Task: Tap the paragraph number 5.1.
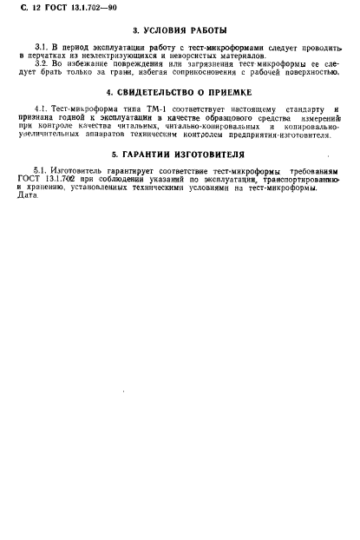[x=38, y=172]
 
